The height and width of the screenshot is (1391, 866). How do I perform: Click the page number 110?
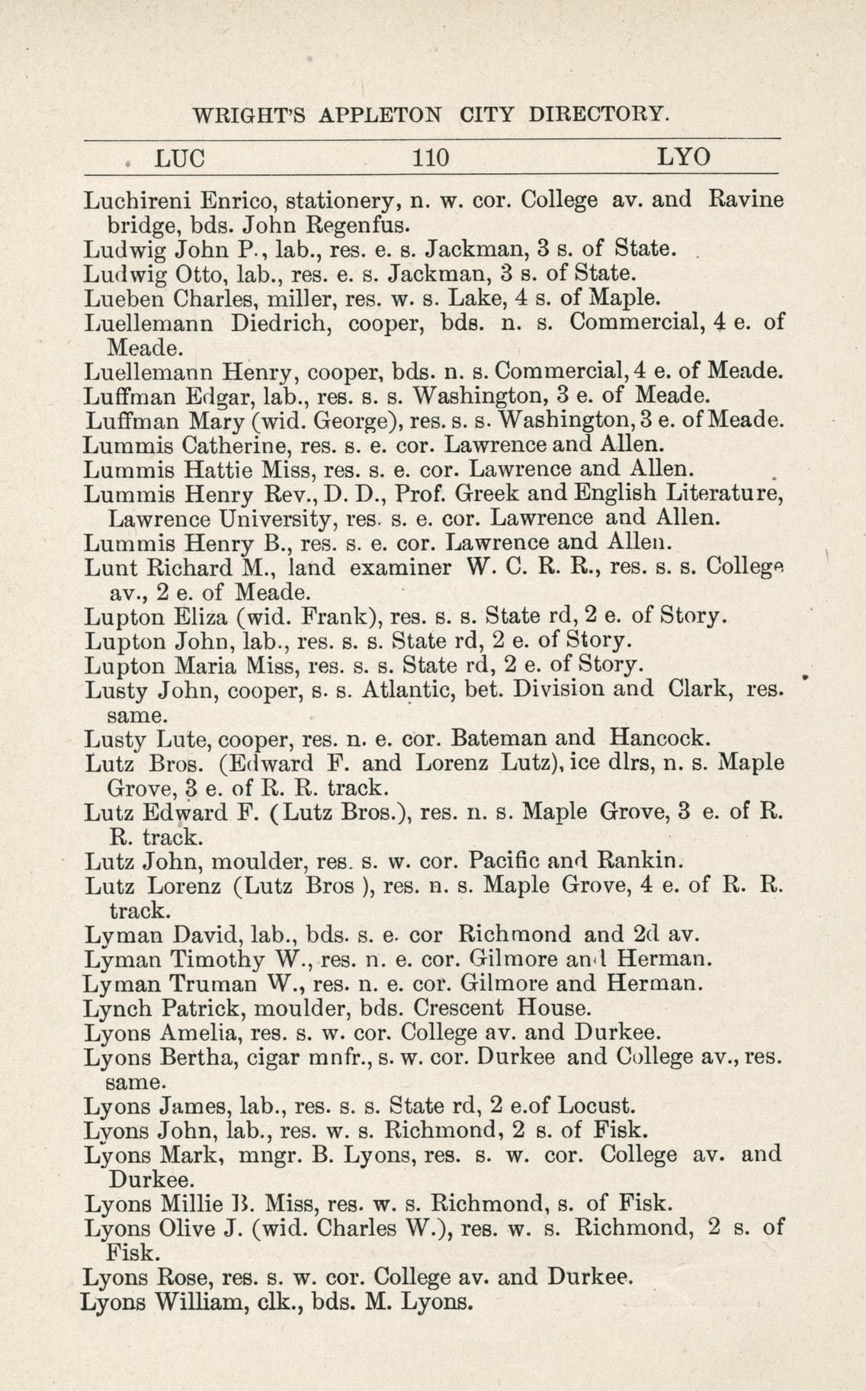430,159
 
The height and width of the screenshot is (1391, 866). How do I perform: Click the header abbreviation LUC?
180,159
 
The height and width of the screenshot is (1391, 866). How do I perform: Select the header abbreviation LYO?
684,159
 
